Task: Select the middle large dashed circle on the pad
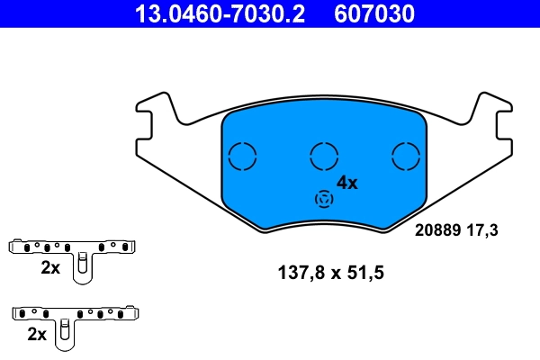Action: click(324, 157)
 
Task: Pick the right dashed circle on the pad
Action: click(406, 157)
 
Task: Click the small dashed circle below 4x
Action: click(321, 199)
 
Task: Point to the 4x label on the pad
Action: click(346, 183)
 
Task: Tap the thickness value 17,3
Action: click(481, 230)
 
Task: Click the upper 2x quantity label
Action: click(49, 267)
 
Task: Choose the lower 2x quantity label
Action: click(37, 334)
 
